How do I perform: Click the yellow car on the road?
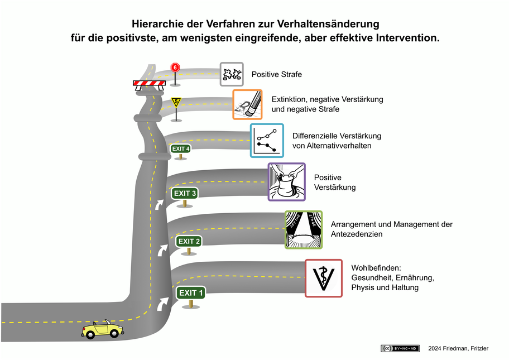[103, 329]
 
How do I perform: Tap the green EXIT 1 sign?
[191, 293]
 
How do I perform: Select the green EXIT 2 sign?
[189, 241]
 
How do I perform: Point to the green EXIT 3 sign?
[185, 194]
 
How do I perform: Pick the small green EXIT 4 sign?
[181, 148]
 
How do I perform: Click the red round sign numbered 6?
[176, 68]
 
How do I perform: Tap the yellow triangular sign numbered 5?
[176, 102]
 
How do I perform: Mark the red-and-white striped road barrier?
[149, 84]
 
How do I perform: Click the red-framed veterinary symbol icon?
[324, 278]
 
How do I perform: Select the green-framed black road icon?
[304, 229]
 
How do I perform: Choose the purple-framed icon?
[286, 181]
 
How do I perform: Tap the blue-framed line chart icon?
[267, 140]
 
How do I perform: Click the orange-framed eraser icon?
[247, 104]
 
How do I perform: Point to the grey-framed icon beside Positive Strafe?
[232, 74]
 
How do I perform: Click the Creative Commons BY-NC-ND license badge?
[400, 348]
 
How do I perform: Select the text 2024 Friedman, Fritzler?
[458, 348]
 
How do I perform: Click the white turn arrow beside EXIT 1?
[164, 303]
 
